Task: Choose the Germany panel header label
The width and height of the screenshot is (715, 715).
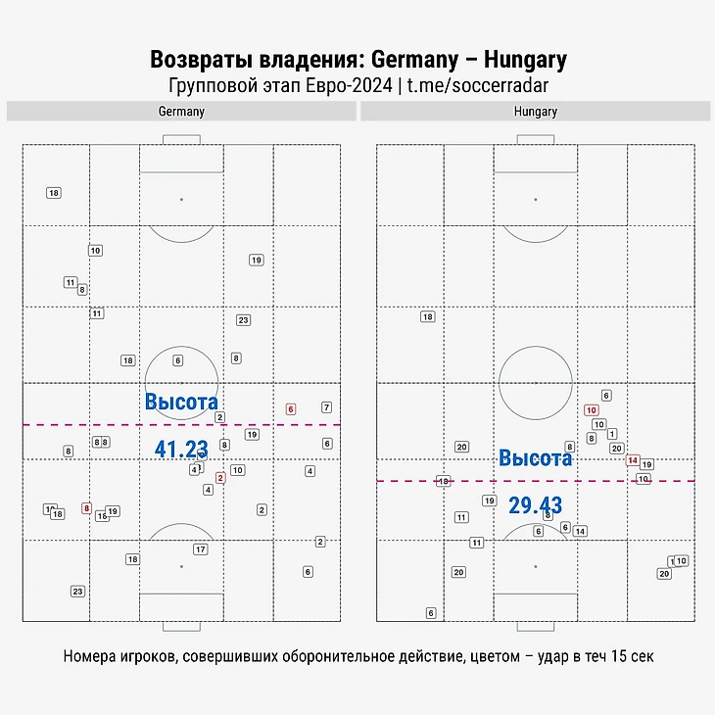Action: (181, 112)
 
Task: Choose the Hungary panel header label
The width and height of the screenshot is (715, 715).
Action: (536, 112)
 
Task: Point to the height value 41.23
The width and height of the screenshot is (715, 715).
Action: (182, 450)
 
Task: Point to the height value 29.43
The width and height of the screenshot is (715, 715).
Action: (536, 505)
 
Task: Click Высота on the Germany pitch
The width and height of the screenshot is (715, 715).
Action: (181, 402)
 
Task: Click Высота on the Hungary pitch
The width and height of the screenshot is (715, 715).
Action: (536, 457)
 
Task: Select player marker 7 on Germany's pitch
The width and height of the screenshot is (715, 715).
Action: (326, 407)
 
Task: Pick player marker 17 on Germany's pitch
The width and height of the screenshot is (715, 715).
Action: (201, 549)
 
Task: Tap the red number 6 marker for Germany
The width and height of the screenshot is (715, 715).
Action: (290, 409)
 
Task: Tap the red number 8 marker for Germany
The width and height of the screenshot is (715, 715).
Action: (86, 508)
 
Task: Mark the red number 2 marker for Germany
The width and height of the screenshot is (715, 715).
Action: (220, 478)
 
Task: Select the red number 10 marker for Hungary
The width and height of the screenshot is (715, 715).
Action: (591, 410)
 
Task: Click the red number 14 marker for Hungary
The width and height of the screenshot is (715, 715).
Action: (633, 460)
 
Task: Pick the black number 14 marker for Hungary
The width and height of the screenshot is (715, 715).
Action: (580, 531)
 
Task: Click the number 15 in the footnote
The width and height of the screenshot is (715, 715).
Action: (604, 655)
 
